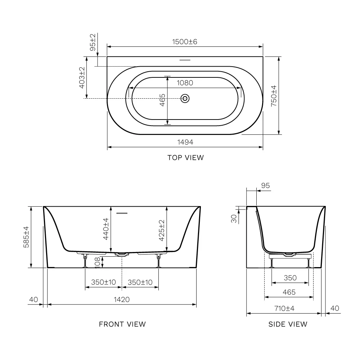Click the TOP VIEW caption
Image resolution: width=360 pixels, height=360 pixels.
click(x=185, y=158)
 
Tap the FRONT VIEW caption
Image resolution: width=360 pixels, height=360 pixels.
click(x=122, y=324)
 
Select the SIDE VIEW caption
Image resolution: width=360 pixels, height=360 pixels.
click(x=288, y=324)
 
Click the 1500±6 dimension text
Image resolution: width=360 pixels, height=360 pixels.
click(x=185, y=42)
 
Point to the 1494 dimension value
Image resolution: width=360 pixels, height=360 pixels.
click(x=185, y=142)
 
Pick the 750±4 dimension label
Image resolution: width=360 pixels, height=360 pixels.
click(x=274, y=96)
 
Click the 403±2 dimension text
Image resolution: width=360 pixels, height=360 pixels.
click(x=82, y=78)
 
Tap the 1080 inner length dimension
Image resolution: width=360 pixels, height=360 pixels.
click(x=185, y=83)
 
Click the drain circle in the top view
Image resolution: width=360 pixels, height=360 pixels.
click(x=185, y=99)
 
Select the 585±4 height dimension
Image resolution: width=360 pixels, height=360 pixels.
click(x=26, y=237)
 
